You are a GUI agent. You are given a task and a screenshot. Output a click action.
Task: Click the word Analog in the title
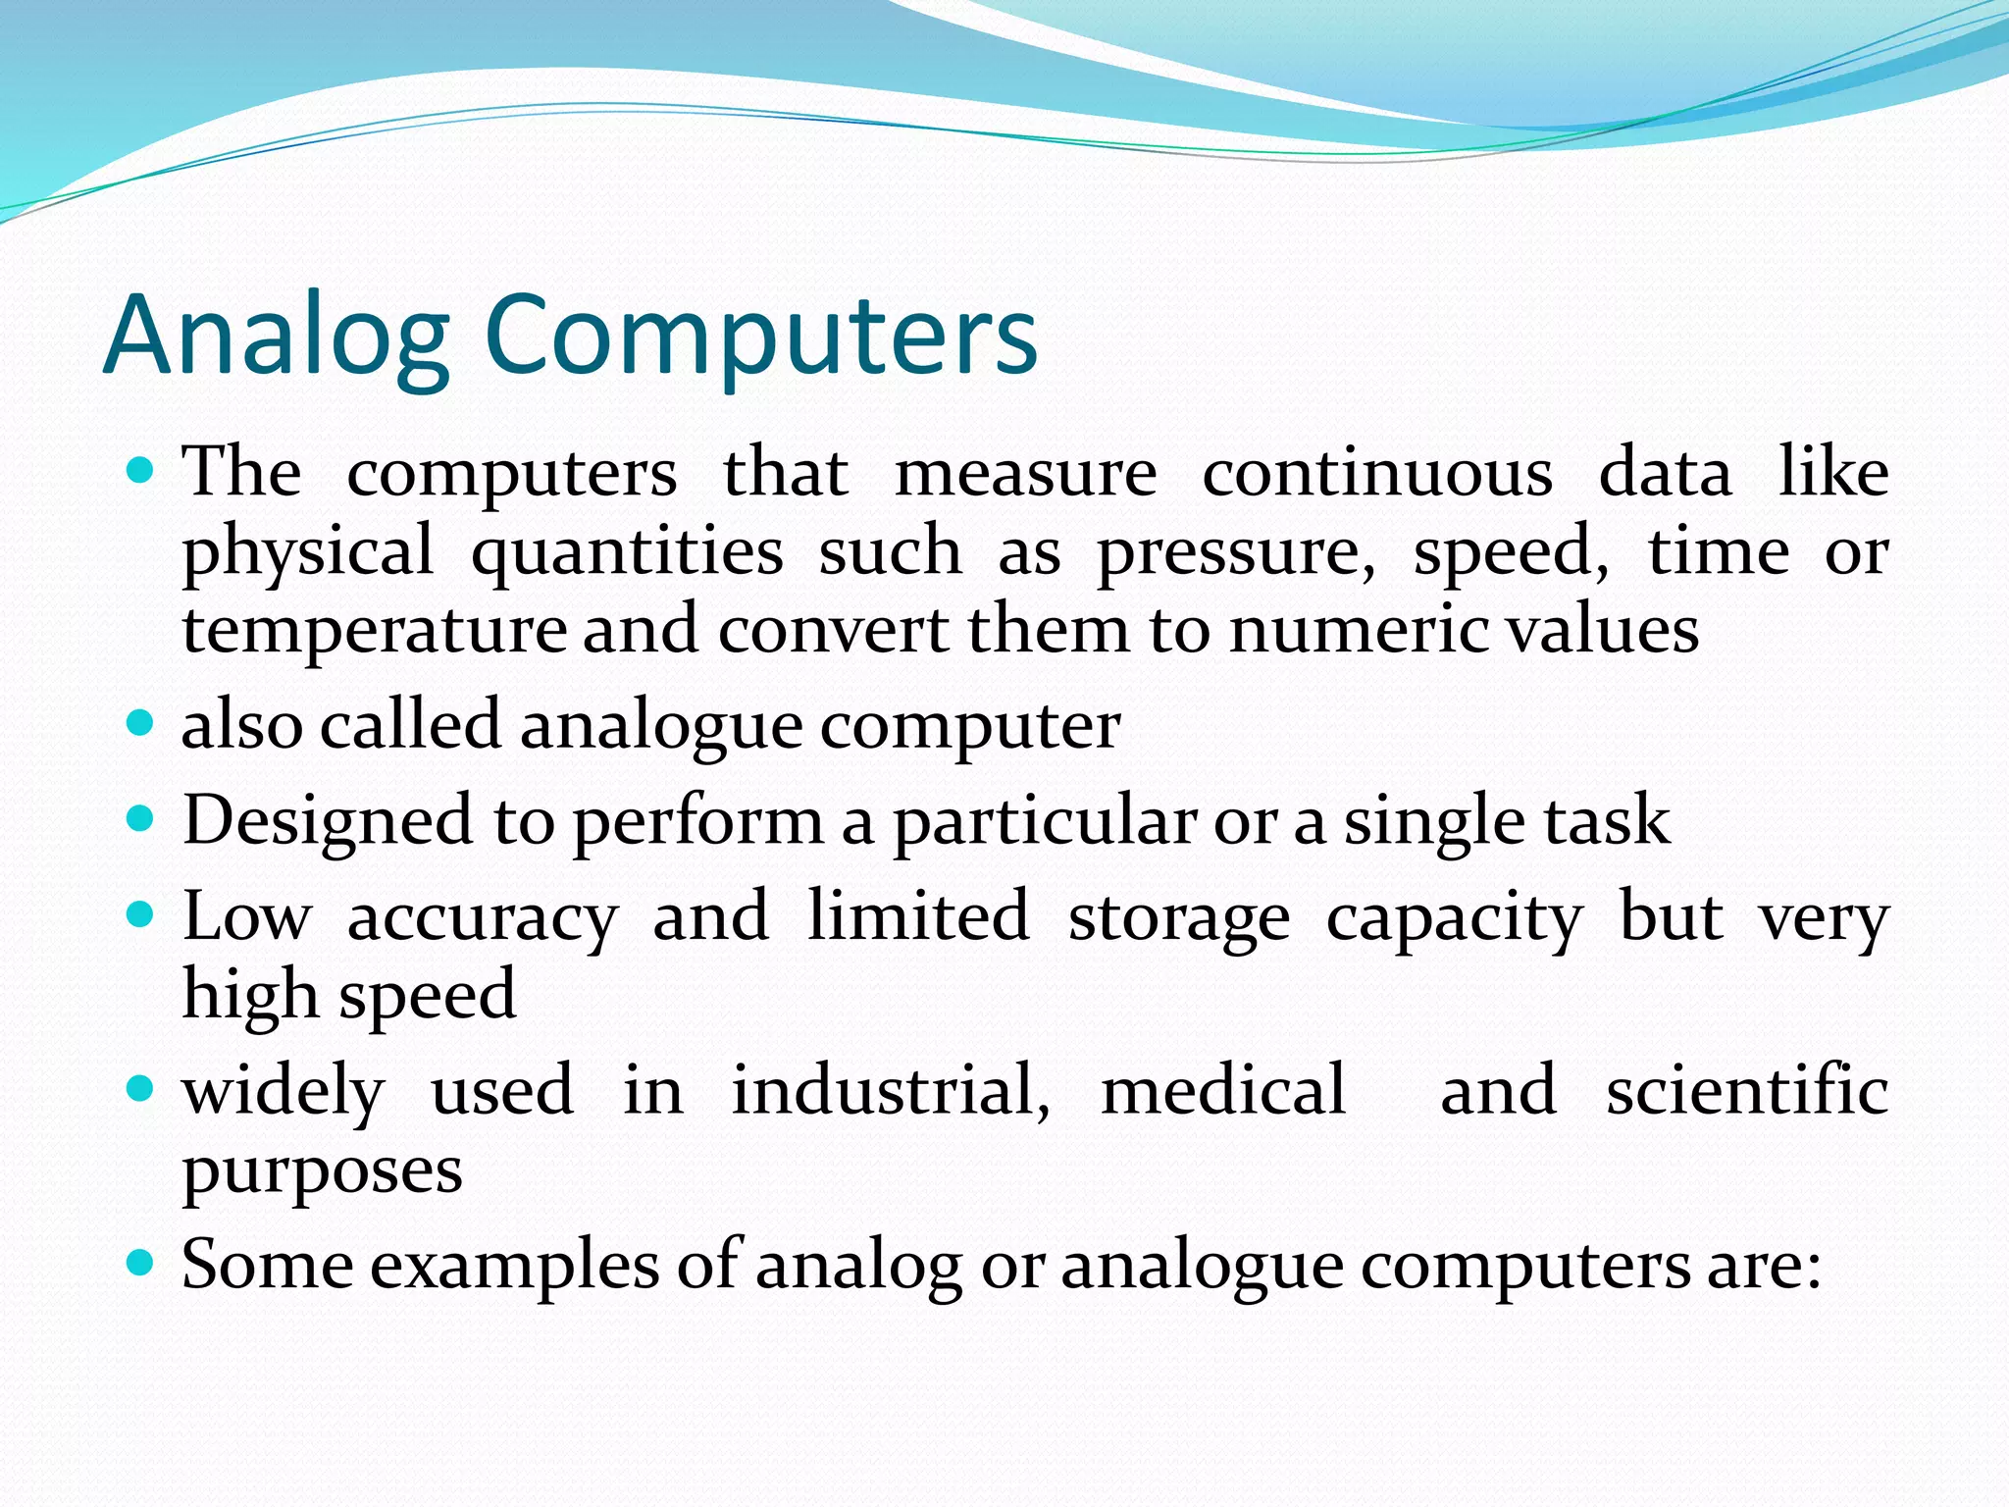click(x=276, y=337)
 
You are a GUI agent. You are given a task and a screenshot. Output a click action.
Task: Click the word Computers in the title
click(x=760, y=337)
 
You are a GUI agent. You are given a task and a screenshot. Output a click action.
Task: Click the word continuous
click(x=1377, y=473)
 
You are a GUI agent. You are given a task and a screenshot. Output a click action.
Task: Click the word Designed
click(x=328, y=822)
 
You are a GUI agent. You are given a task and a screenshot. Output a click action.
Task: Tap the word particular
click(x=1044, y=822)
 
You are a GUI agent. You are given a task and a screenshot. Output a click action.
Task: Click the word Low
click(x=246, y=916)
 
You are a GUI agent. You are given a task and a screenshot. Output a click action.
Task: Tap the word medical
click(x=1223, y=1090)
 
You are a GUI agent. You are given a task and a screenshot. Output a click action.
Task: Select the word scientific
click(x=1747, y=1090)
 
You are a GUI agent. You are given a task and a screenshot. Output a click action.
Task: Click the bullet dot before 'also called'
click(x=141, y=724)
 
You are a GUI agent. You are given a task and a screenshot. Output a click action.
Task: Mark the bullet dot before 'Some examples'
click(x=141, y=1262)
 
